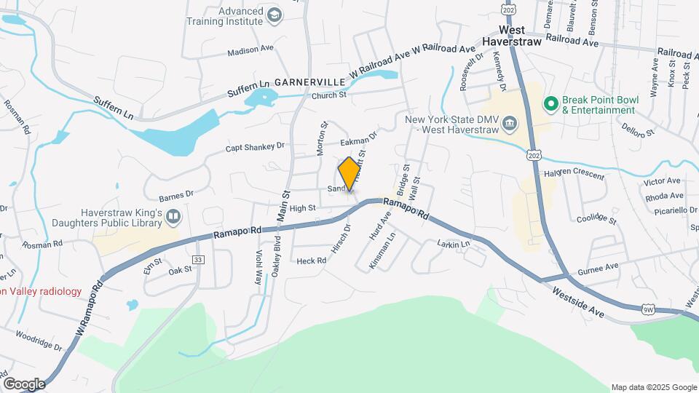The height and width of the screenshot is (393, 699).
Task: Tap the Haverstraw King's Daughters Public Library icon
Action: [x=173, y=216]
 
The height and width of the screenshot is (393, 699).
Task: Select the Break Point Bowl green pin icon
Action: [x=551, y=104]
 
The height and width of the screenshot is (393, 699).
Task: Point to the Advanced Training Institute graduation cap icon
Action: [x=274, y=15]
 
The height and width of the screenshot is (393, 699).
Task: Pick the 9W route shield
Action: [x=648, y=310]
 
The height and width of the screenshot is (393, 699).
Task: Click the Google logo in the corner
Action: [x=24, y=384]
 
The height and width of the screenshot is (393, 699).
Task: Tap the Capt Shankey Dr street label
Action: [x=255, y=147]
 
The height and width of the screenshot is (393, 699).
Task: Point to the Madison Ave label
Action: [x=250, y=51]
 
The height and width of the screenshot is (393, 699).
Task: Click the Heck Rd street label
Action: [x=311, y=261]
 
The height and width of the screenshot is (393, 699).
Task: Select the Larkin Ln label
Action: [x=454, y=245]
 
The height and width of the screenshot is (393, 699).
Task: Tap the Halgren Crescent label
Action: [x=574, y=175]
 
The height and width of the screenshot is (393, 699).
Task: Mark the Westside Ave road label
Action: [x=580, y=301]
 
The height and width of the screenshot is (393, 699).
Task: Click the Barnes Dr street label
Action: [x=175, y=195]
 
